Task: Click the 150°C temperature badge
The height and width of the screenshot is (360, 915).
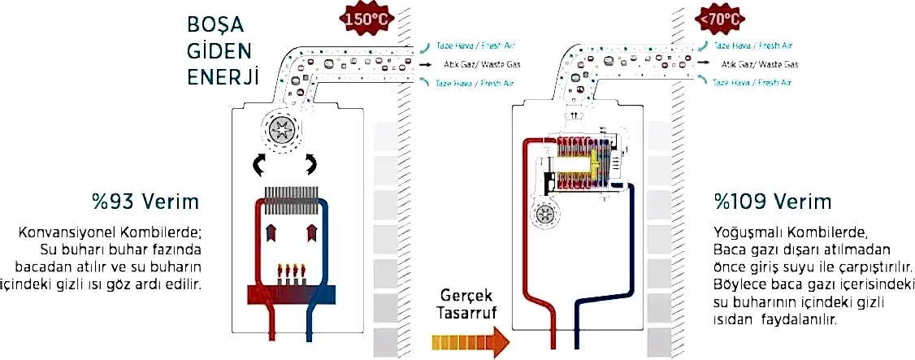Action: coord(358,17)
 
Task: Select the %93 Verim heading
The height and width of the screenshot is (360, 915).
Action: coord(146,201)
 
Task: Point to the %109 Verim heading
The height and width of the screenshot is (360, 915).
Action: coord(761,201)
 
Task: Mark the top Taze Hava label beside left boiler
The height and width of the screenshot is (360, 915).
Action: coord(475,46)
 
